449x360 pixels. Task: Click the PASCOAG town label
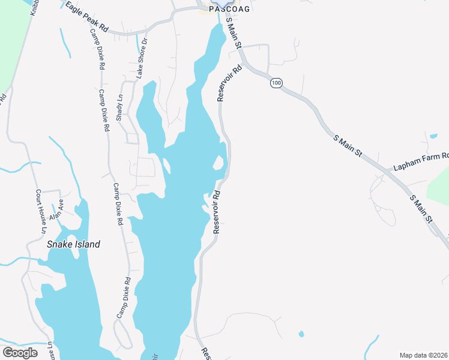point(229,9)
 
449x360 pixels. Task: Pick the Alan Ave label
point(57,209)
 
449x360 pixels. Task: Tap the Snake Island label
point(73,244)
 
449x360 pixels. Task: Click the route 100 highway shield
point(276,83)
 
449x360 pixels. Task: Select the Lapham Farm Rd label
point(421,161)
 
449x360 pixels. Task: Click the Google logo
point(20,353)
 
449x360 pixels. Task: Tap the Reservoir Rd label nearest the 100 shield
point(229,83)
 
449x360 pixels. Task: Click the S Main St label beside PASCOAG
point(233,33)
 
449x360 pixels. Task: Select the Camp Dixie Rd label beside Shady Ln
point(104,110)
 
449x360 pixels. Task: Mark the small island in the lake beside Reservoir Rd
point(219,162)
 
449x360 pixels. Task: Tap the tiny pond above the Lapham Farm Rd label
point(433,136)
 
